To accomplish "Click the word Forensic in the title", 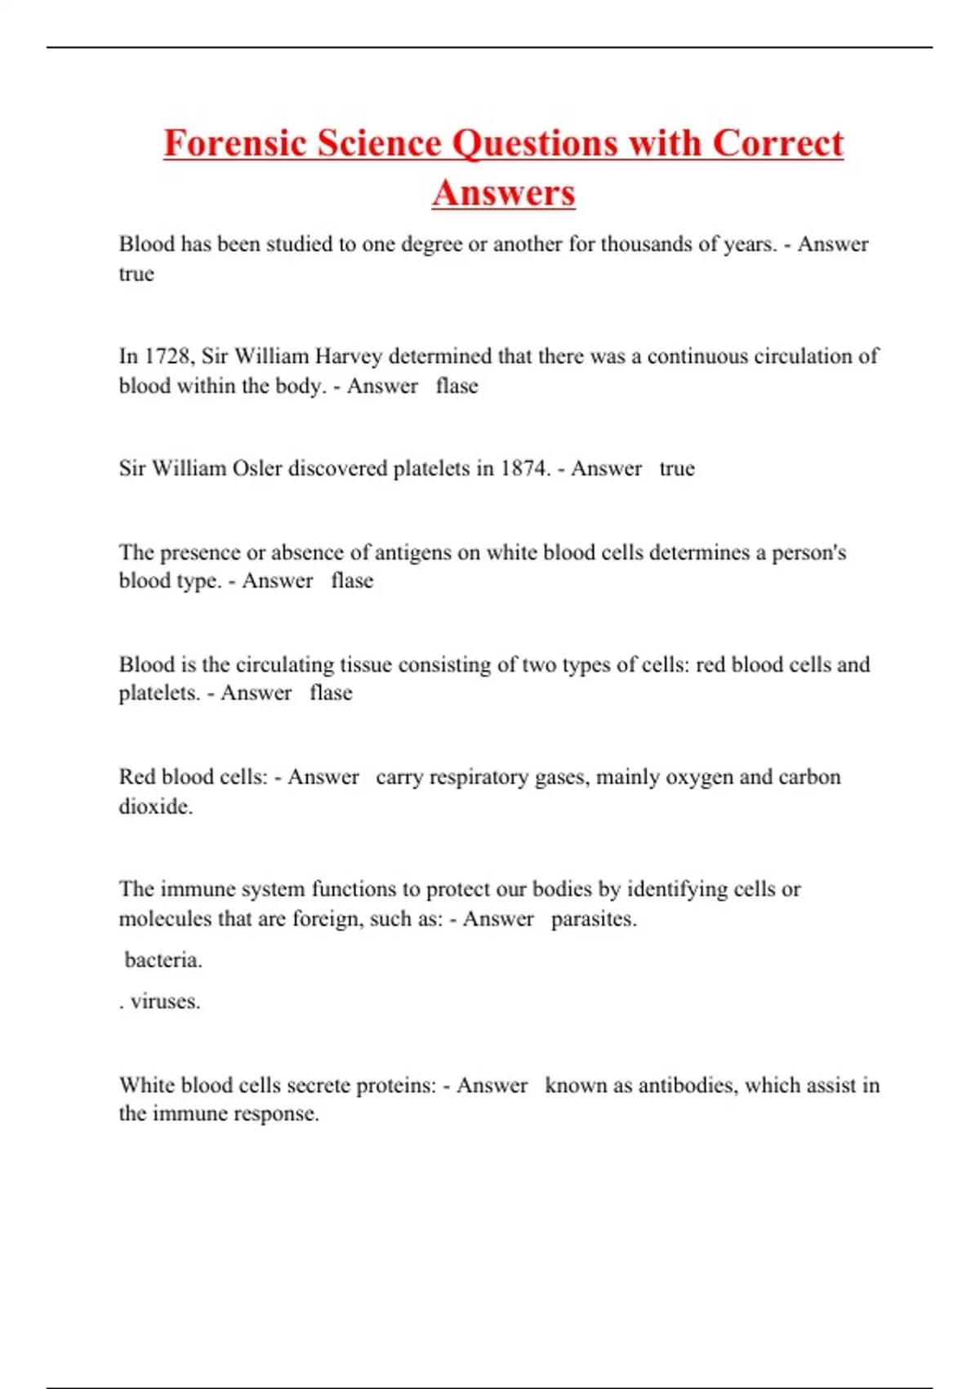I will [x=235, y=143].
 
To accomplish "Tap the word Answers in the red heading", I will [x=503, y=193].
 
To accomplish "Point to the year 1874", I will [x=525, y=468].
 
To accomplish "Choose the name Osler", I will [x=257, y=468].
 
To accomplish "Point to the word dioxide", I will [x=155, y=806].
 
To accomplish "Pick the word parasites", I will [x=593, y=919].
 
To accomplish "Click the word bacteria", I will [x=163, y=960].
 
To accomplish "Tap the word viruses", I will [x=165, y=1001].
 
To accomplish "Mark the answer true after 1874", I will [x=676, y=468].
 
